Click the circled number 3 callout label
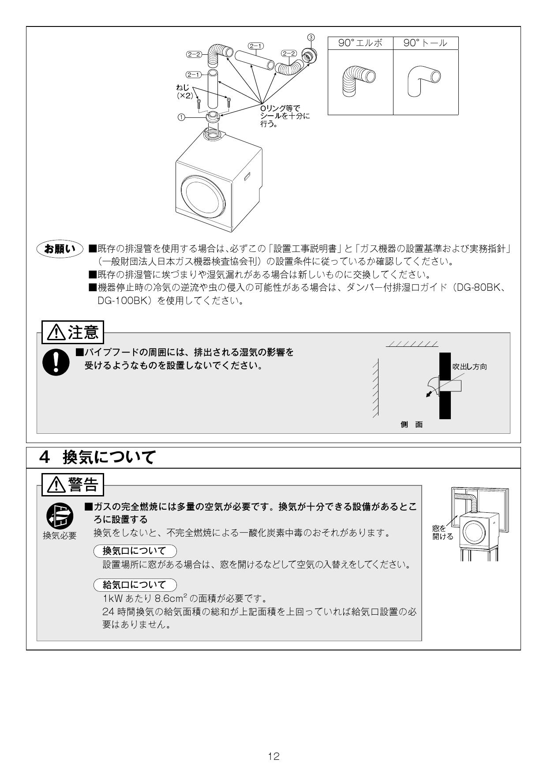pos(311,37)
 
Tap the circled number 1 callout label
pos(181,117)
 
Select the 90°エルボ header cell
pos(360,43)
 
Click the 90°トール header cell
pos(425,43)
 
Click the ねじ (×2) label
pos(184,91)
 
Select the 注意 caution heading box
pos(73,332)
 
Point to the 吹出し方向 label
pos(469,367)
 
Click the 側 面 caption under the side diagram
pos(411,425)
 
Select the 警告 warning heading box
pos(73,485)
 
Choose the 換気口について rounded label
pos(135,551)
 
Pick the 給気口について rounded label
pos(135,585)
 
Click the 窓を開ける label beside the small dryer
pos(442,533)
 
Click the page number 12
pos(273,756)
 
